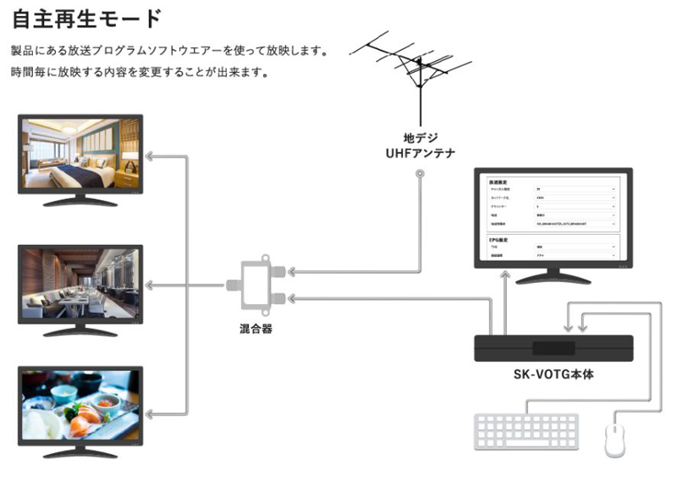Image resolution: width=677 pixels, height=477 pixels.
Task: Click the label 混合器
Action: tap(255, 329)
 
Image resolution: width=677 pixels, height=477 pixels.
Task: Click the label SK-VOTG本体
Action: tap(553, 374)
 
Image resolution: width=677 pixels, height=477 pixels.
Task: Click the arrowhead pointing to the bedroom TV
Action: tap(149, 156)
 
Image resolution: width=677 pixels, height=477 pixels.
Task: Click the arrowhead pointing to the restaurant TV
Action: tap(149, 281)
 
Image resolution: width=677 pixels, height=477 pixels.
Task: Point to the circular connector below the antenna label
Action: tap(421, 175)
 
